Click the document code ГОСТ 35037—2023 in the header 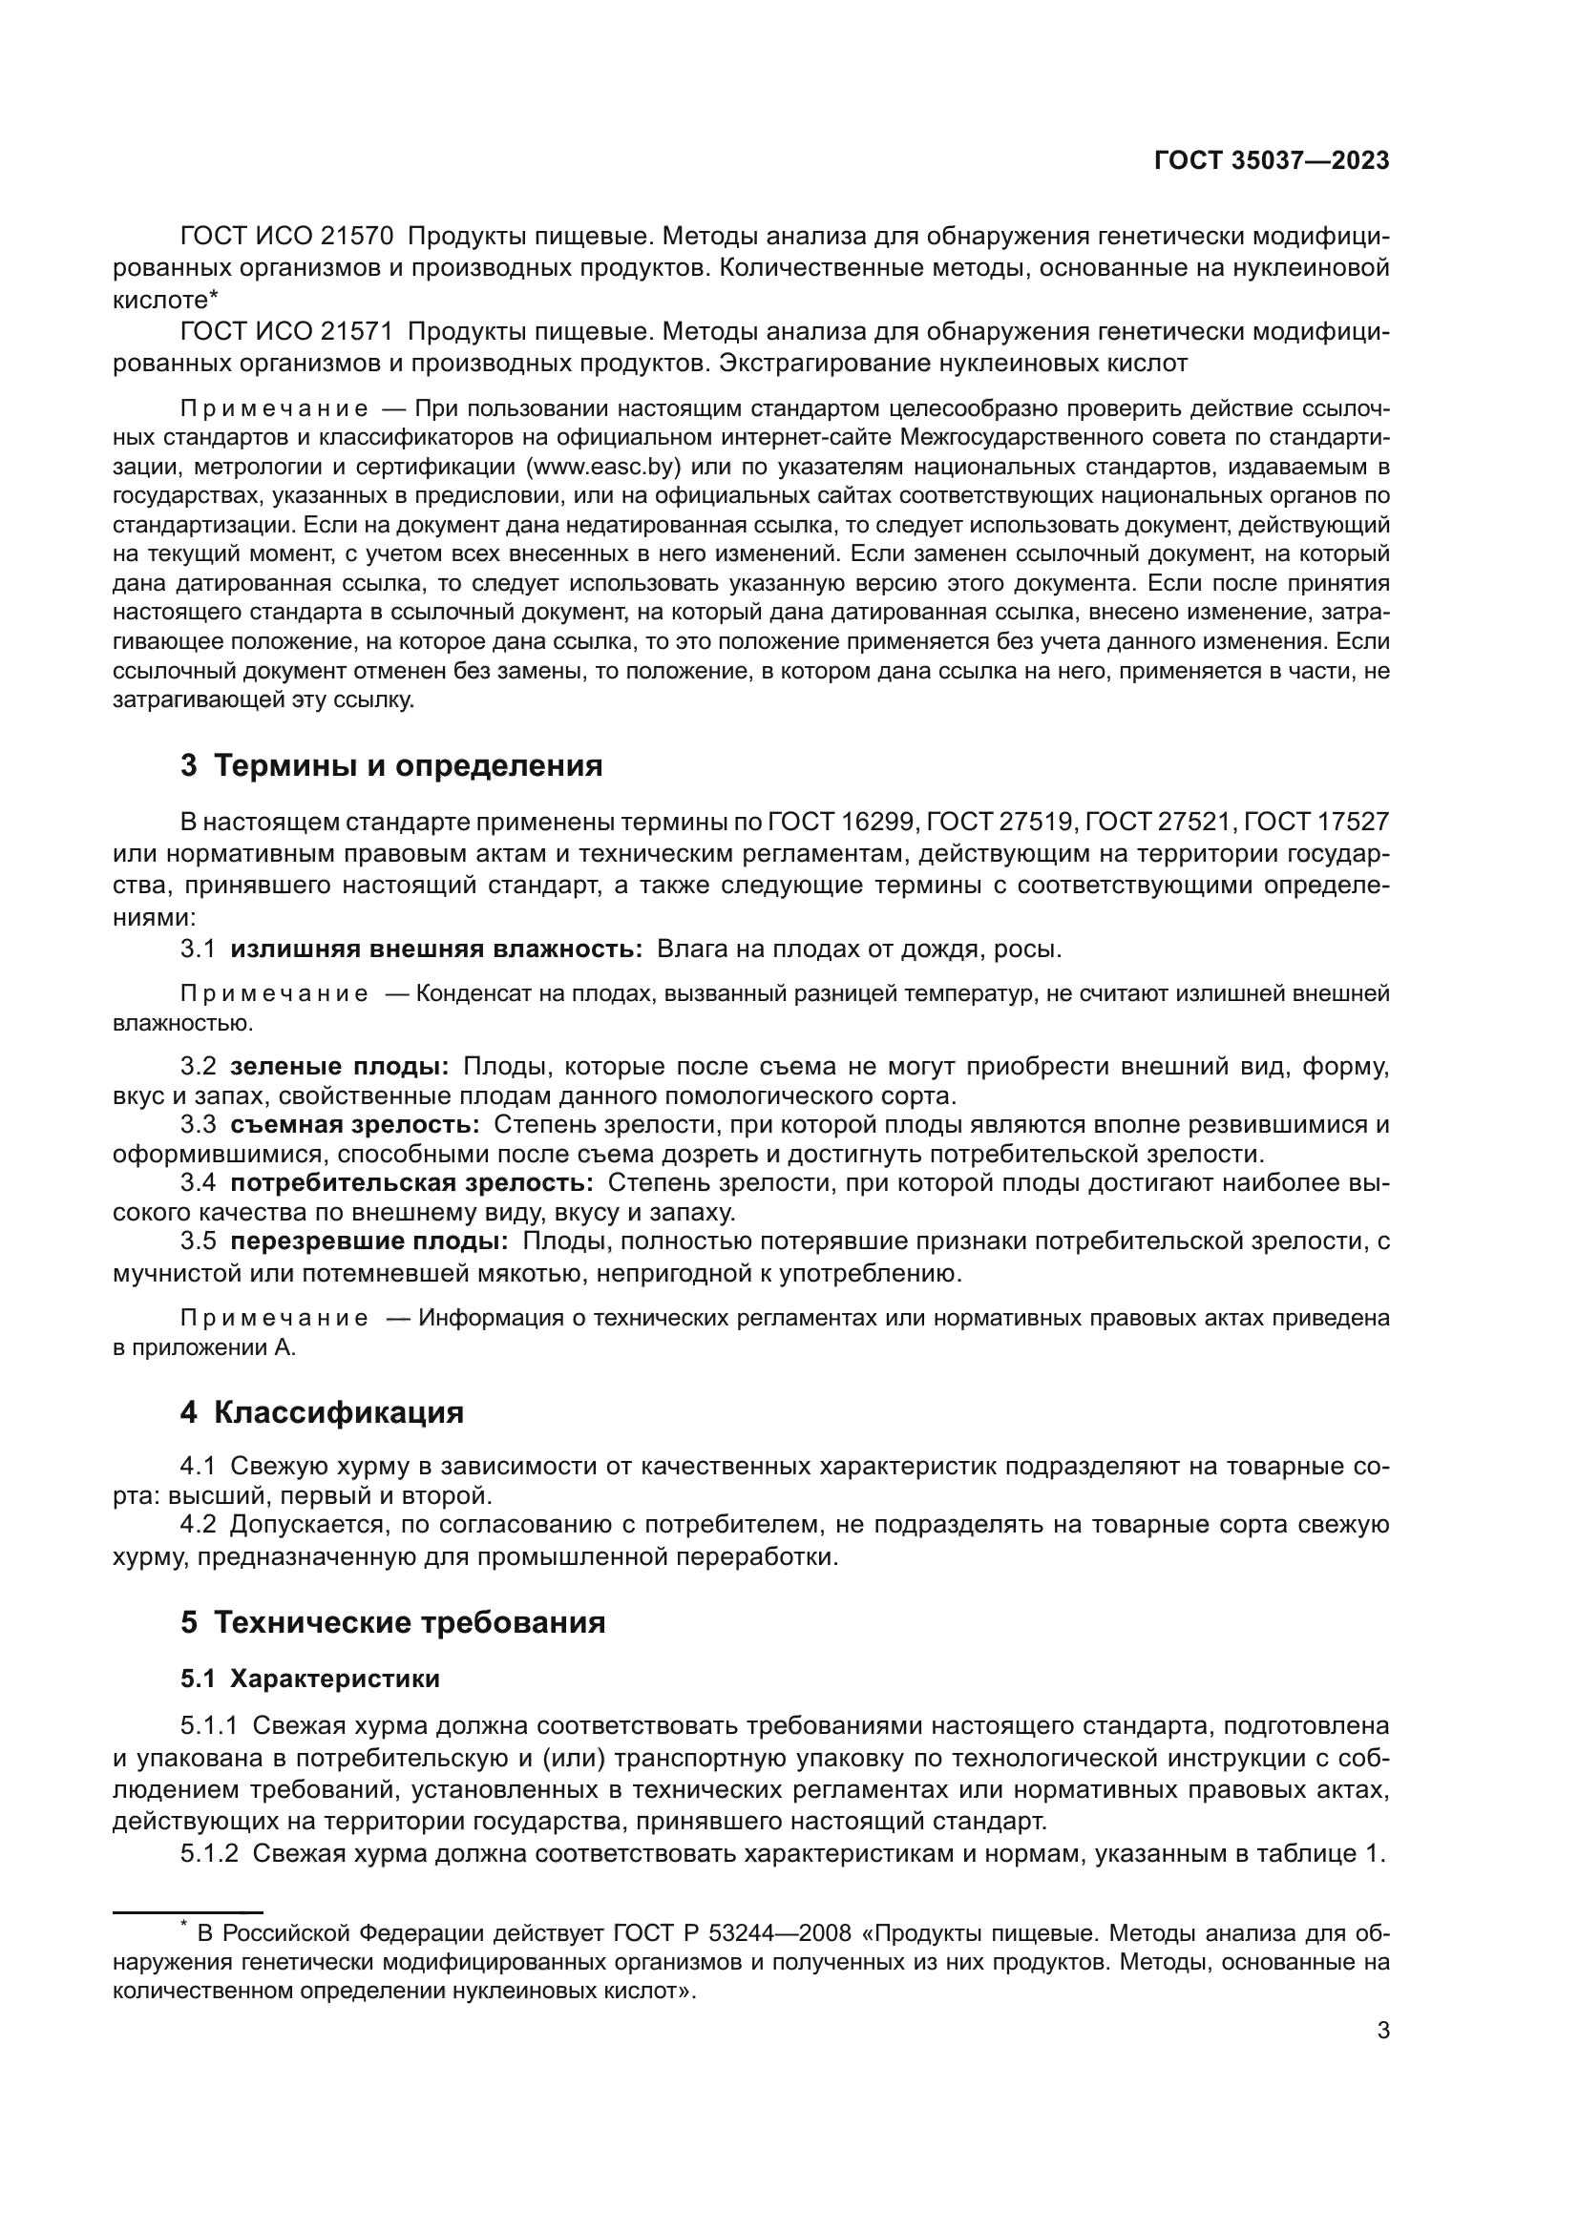(x=1271, y=161)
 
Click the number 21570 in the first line (x=357, y=237)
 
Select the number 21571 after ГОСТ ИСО (x=357, y=332)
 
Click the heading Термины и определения (x=408, y=766)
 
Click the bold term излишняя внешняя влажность (x=435, y=949)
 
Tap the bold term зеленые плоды (x=339, y=1067)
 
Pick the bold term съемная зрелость (x=355, y=1125)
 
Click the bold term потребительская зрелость (x=411, y=1183)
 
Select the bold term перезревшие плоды (x=369, y=1241)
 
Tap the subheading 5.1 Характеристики (x=310, y=1679)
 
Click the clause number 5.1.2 (x=209, y=1853)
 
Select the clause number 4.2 (x=198, y=1524)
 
